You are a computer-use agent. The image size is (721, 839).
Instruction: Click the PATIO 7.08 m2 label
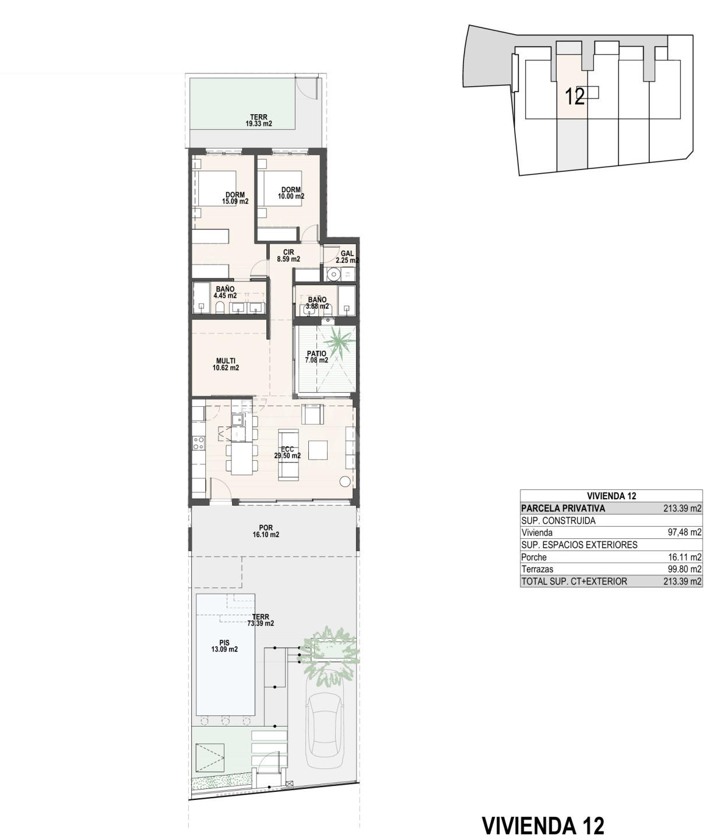[x=317, y=357]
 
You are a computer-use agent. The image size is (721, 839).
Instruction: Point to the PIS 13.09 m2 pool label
[x=224, y=646]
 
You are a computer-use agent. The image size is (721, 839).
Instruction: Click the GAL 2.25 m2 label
[x=347, y=256]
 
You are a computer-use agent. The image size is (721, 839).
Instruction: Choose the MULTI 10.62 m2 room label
[x=226, y=364]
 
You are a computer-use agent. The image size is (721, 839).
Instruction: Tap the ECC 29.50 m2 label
[x=287, y=452]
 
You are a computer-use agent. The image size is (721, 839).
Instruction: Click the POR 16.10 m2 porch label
[x=266, y=531]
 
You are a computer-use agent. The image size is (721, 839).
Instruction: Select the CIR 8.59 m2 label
[x=289, y=255]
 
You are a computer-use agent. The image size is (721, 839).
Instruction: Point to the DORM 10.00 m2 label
[x=291, y=193]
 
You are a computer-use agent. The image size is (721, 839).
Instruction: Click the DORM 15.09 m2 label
[x=235, y=198]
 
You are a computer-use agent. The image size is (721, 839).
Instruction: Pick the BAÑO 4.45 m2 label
[x=226, y=292]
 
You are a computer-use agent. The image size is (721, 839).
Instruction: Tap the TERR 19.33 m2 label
[x=259, y=121]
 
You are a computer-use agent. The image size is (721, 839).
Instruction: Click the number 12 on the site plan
[x=575, y=97]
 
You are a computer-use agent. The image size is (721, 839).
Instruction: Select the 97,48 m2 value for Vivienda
[x=684, y=532]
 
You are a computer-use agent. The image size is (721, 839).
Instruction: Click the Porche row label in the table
[x=534, y=558]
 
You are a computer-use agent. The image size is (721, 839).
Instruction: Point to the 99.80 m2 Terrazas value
[x=684, y=569]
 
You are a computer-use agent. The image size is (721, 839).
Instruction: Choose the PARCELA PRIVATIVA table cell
[x=563, y=508]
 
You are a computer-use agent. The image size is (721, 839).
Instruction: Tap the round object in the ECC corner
[x=345, y=481]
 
